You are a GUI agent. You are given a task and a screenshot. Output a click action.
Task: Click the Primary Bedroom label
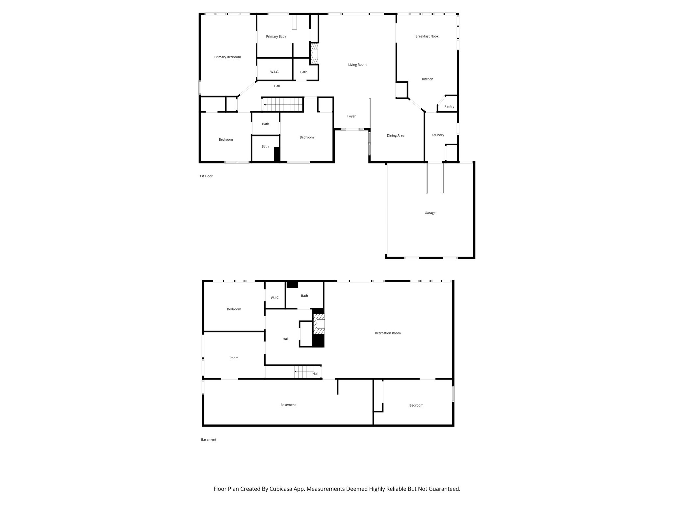[x=227, y=57]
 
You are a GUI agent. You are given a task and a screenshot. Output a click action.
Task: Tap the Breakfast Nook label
[x=427, y=36]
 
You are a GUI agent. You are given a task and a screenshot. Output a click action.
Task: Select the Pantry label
[x=449, y=106]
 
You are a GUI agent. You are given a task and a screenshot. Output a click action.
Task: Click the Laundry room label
[x=438, y=135]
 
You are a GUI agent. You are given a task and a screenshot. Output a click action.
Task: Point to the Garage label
[x=430, y=213]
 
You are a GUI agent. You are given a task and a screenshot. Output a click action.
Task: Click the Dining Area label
[x=395, y=135]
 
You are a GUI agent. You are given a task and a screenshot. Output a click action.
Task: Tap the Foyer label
[x=351, y=116]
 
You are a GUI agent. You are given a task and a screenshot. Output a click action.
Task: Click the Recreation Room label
[x=387, y=333]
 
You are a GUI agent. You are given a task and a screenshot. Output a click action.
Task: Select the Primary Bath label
[x=276, y=37]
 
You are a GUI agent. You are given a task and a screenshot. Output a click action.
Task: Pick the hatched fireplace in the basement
[x=319, y=324]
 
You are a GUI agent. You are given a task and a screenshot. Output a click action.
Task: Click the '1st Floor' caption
[x=206, y=176]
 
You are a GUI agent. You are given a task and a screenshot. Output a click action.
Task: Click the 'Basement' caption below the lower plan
[x=208, y=439]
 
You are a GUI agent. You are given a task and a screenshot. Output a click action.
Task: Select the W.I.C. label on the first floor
[x=274, y=72]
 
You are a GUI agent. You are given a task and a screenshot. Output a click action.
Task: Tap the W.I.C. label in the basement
[x=275, y=298]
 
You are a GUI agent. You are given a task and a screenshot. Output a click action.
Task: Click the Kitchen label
[x=428, y=79]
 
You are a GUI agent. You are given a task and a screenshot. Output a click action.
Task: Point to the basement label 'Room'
[x=234, y=358]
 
